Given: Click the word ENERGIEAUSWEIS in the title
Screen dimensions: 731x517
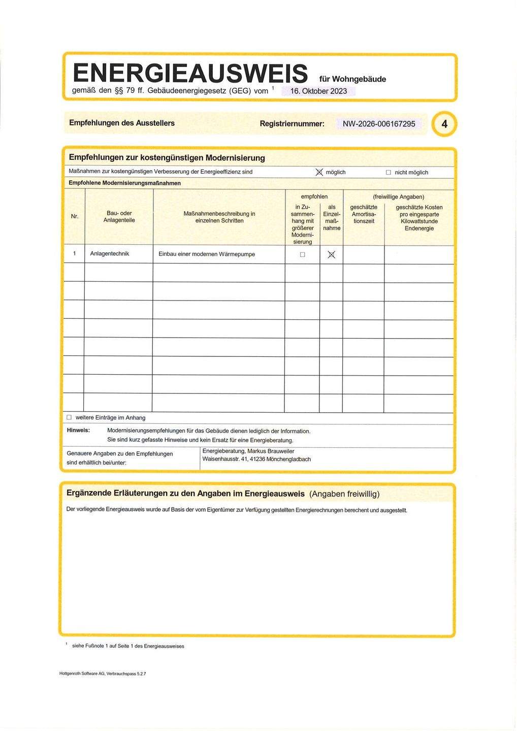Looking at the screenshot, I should pyautogui.click(x=190, y=73).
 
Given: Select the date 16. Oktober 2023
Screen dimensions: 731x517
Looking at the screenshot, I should pyautogui.click(x=318, y=91).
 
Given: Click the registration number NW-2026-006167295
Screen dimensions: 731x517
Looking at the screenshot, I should pyautogui.click(x=379, y=124).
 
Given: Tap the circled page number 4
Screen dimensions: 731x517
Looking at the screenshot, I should pyautogui.click(x=444, y=124).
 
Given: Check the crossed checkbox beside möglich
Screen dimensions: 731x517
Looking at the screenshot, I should pyautogui.click(x=319, y=173).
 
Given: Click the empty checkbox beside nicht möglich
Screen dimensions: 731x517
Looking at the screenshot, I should pyautogui.click(x=389, y=173).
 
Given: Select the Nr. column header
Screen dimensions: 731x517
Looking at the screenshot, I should pyautogui.click(x=75, y=217).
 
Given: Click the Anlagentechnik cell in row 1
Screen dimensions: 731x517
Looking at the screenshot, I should pyautogui.click(x=110, y=254).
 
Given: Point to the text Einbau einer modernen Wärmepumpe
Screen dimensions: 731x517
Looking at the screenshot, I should pyautogui.click(x=207, y=254).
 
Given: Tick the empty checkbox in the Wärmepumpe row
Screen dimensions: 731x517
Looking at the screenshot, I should pyautogui.click(x=303, y=255).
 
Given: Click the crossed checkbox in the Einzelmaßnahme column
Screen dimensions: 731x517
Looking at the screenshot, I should pyautogui.click(x=332, y=255).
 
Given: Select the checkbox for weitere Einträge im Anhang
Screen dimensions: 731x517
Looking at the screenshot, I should pyautogui.click(x=69, y=417).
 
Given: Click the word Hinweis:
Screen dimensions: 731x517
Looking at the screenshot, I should pyautogui.click(x=79, y=430).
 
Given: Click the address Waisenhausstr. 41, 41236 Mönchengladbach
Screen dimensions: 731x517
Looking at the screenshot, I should pyautogui.click(x=256, y=459).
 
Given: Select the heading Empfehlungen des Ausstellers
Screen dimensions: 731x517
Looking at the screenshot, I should pyautogui.click(x=122, y=123).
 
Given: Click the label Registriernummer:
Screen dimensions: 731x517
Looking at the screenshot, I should pyautogui.click(x=292, y=124).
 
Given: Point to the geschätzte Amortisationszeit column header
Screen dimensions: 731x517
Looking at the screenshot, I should pyautogui.click(x=364, y=214).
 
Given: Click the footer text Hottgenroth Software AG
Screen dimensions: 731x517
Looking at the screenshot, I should pyautogui.click(x=82, y=674).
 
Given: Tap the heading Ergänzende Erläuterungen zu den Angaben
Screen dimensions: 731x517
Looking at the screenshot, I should pyautogui.click(x=186, y=493).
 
